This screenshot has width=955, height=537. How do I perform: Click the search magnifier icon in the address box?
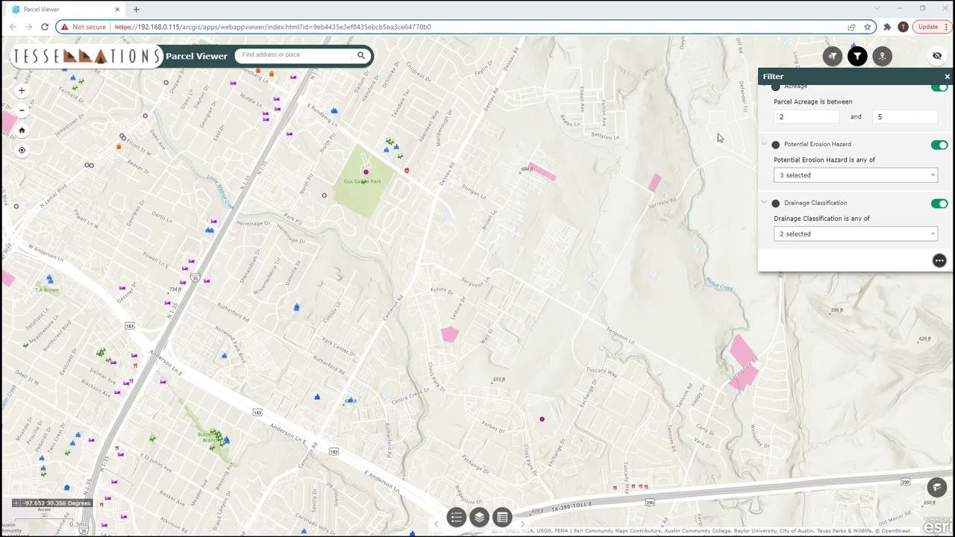click(361, 55)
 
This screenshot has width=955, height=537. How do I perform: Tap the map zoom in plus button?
click(22, 90)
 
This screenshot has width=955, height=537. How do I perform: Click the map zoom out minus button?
click(22, 110)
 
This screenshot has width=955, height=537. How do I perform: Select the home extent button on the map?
click(22, 131)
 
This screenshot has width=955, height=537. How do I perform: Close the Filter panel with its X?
click(948, 77)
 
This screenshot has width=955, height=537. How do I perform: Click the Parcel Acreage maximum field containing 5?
click(904, 117)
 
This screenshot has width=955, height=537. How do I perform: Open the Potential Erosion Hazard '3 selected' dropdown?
click(855, 175)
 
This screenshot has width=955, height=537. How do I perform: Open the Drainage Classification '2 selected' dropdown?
click(855, 234)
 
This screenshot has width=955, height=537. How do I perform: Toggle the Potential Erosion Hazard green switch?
click(939, 145)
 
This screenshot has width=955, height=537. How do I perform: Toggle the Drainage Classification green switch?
click(939, 204)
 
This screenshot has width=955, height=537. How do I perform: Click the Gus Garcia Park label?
click(362, 181)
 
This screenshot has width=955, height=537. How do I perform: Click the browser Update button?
click(928, 27)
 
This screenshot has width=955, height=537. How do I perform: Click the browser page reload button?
click(45, 27)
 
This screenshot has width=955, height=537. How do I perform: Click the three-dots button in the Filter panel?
click(939, 260)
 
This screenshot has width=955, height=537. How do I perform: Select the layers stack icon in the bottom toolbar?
click(479, 517)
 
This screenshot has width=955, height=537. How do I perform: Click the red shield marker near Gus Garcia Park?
click(407, 171)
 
